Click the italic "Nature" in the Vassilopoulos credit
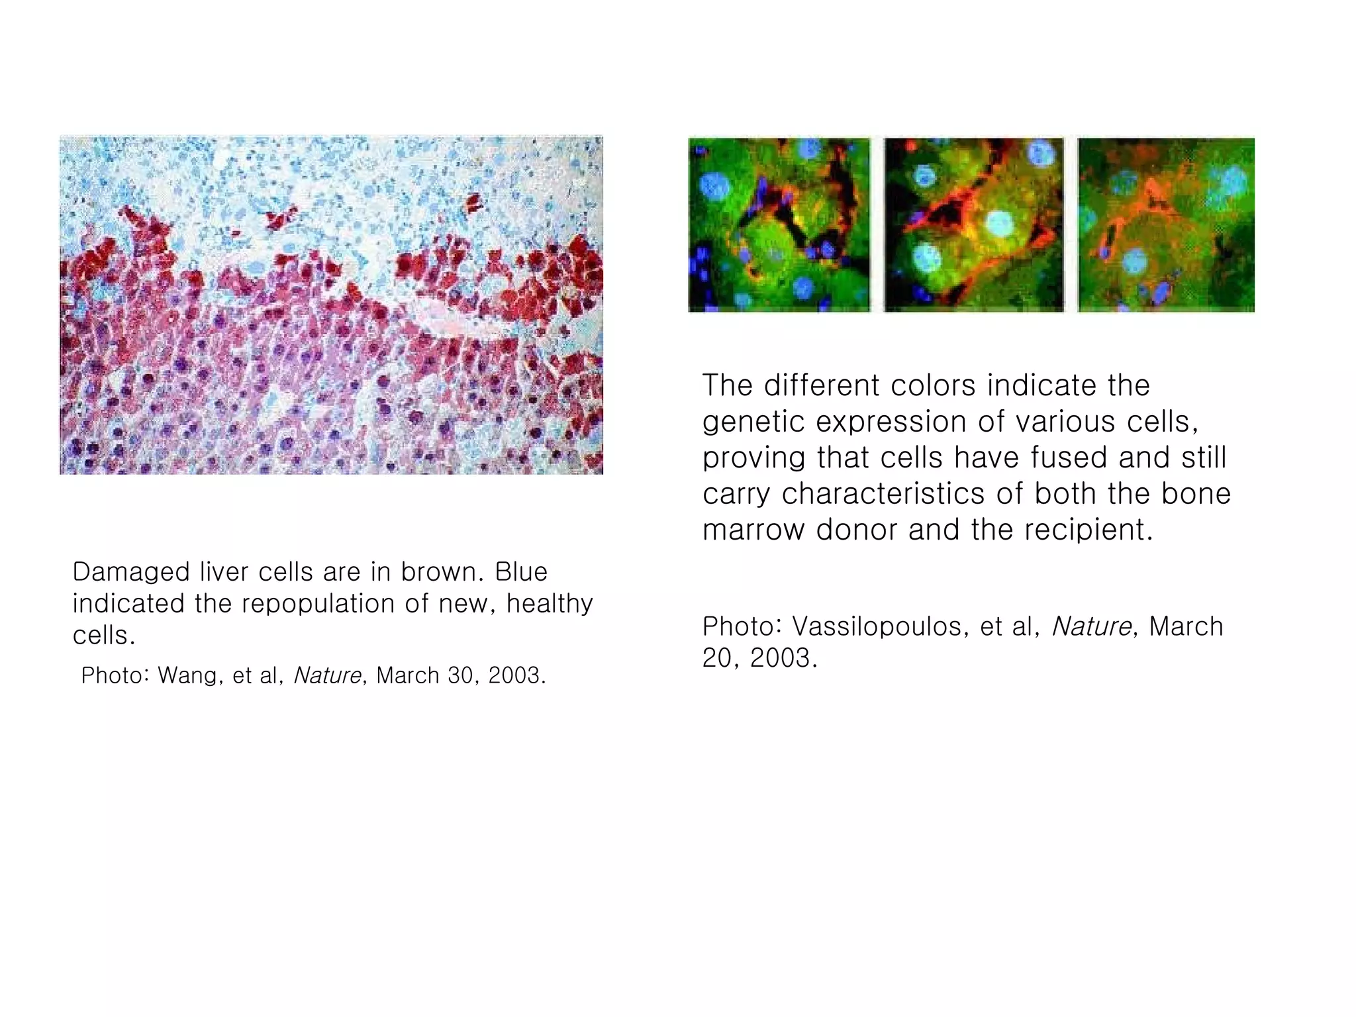point(1091,626)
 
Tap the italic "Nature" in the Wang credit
point(328,675)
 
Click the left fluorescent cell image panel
point(779,225)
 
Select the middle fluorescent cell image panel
point(974,225)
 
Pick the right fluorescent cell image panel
point(1166,225)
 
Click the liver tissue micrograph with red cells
point(331,305)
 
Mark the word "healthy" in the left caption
point(550,604)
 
